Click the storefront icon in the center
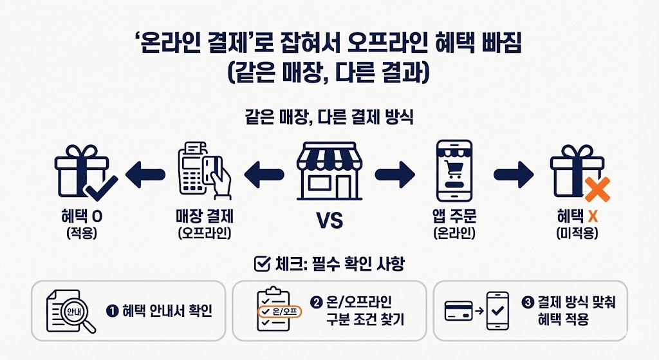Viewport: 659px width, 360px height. tap(329, 170)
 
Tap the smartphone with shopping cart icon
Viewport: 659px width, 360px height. tap(454, 171)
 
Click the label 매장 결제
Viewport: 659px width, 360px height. tap(204, 217)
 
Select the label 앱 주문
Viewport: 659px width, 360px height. tap(454, 217)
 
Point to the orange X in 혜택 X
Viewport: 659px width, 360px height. tap(593, 217)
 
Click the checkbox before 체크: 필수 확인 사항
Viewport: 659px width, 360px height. tap(262, 263)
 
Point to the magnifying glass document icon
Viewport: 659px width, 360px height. tap(70, 312)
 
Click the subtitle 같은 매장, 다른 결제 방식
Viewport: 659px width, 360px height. tap(329, 118)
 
